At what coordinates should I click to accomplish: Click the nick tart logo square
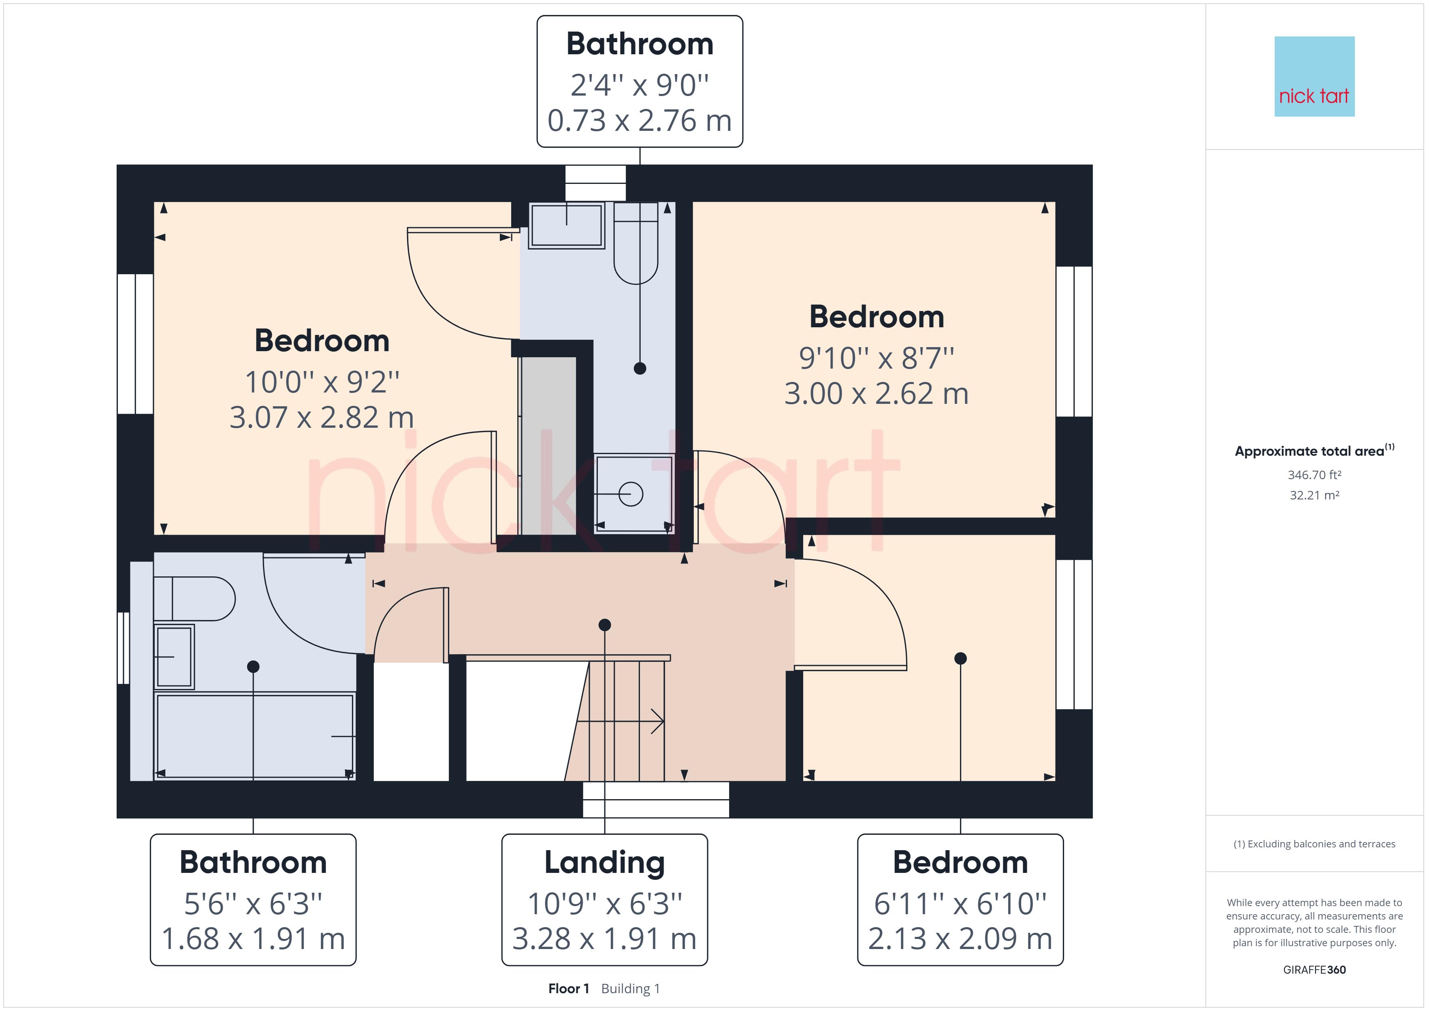(1314, 77)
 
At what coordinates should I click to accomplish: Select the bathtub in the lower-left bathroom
(254, 736)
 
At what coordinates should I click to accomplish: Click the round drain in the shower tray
(631, 494)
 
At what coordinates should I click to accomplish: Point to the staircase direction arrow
(621, 721)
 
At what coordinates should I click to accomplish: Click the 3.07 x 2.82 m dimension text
(322, 418)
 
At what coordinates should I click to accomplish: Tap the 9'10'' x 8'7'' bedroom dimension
(877, 358)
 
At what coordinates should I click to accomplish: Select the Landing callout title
(604, 863)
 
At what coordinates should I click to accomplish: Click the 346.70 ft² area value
(1314, 475)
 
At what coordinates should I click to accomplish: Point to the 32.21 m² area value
(1314, 495)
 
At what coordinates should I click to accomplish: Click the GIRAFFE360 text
(1314, 970)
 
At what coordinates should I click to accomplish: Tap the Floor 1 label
(568, 989)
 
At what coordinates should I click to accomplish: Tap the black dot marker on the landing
(604, 625)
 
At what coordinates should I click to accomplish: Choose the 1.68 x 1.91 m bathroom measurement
(253, 939)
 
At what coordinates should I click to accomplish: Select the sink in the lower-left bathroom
(174, 657)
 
